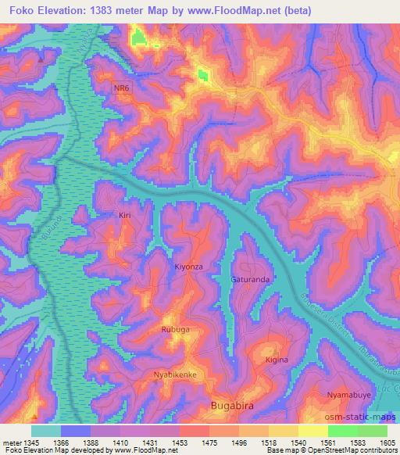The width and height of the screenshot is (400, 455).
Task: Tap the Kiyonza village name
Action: point(188,267)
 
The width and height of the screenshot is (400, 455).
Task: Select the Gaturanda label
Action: point(250,279)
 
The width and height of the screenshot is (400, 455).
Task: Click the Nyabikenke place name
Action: point(174,375)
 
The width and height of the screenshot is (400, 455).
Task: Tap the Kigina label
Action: point(277,360)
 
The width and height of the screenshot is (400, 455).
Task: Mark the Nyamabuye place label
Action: point(348,395)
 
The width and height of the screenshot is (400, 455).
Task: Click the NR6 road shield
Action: point(121,89)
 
